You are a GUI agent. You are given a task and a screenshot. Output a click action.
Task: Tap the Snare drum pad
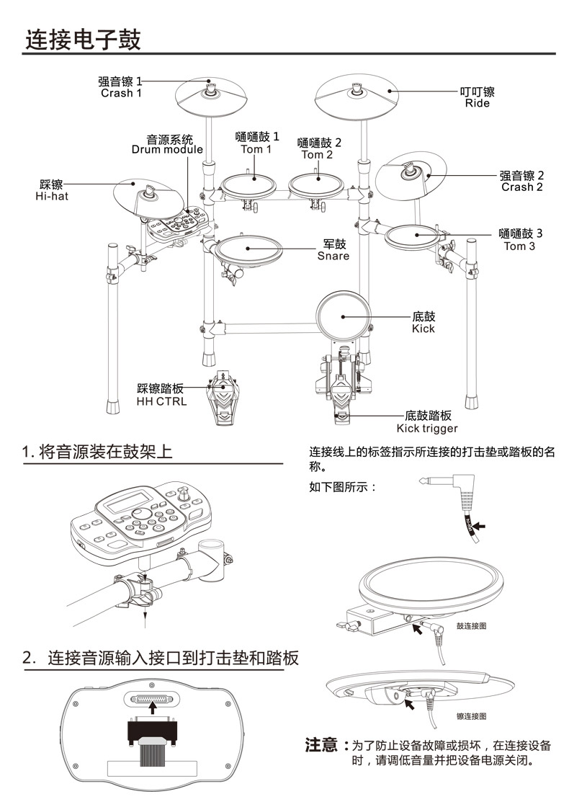[x=248, y=249]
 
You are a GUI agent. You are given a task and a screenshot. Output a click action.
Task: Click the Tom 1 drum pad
[x=248, y=185]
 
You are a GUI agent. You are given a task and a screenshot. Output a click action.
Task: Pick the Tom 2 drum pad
[x=316, y=185]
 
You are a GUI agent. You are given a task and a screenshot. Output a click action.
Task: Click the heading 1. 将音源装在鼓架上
[x=97, y=452]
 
